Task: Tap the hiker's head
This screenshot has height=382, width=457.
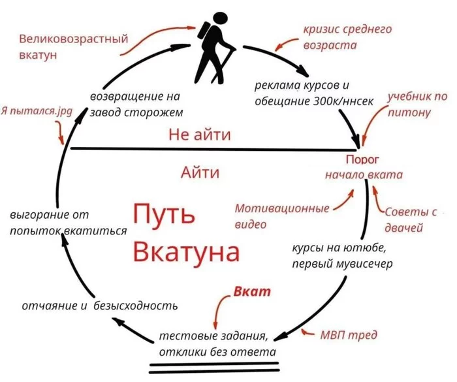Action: [220, 19]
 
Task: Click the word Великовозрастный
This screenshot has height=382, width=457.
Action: [73, 39]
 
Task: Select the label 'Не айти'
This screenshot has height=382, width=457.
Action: [200, 135]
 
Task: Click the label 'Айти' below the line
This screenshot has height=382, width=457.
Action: [200, 172]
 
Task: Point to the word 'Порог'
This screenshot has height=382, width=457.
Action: [362, 160]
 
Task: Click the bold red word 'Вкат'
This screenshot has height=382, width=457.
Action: [252, 292]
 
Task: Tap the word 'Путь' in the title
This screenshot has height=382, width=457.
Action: [164, 214]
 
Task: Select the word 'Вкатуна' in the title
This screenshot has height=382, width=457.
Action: [186, 251]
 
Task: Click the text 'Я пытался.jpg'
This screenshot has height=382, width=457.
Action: [37, 112]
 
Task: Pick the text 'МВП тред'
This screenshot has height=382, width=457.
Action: [349, 335]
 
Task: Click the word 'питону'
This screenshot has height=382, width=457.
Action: [409, 112]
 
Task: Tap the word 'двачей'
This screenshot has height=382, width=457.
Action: [403, 227]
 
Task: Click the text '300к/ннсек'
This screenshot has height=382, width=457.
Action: [343, 101]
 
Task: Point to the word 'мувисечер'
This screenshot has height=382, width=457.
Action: [364, 264]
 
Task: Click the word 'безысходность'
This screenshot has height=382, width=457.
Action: [136, 306]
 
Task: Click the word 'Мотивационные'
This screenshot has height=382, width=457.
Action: [282, 208]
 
